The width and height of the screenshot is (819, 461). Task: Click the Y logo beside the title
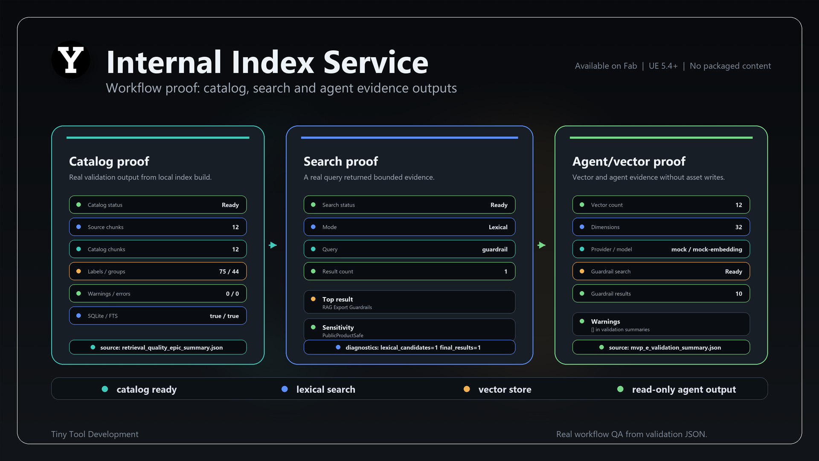71,60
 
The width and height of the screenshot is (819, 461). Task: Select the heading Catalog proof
109,161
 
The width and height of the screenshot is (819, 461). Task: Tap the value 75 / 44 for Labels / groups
229,271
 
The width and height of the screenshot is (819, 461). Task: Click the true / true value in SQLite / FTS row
224,316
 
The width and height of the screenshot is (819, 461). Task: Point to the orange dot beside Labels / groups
78,271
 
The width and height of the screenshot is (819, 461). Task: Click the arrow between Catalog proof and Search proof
273,245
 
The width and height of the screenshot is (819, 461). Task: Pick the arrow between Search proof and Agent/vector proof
542,245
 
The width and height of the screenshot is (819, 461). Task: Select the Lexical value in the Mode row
498,227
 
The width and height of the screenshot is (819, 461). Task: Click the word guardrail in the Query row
495,249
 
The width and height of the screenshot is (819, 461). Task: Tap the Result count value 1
506,271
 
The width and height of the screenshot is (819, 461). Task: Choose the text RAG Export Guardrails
347,307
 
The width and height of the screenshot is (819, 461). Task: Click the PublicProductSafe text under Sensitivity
343,336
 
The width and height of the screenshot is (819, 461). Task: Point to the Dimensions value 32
739,227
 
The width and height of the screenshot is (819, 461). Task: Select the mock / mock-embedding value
707,249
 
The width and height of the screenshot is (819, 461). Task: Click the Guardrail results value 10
739,294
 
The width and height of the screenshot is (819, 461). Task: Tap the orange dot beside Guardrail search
582,271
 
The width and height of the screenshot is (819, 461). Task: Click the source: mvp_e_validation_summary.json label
665,347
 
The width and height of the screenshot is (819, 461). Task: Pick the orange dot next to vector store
467,389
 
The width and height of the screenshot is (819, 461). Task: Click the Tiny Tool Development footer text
95,434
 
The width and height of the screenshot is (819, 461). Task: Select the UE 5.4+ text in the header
663,66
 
